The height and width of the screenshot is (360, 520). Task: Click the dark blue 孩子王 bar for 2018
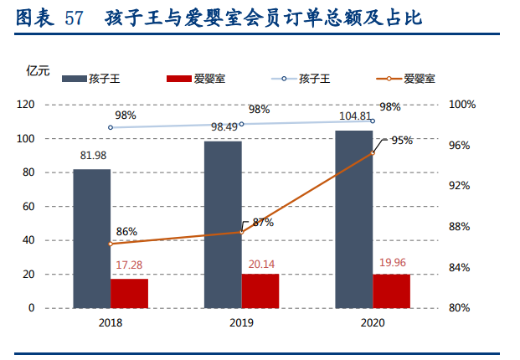tap(91, 239)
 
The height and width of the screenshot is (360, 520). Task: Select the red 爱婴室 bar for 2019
tap(260, 291)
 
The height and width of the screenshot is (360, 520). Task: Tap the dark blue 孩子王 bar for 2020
tap(354, 219)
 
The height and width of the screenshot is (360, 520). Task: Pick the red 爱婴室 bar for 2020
tap(392, 291)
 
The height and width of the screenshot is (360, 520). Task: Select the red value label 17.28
tap(128, 265)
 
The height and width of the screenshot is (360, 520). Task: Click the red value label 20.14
tap(260, 261)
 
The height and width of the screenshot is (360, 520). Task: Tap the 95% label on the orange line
tap(402, 141)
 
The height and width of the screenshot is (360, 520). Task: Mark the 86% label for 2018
tap(127, 232)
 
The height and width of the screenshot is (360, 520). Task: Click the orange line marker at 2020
tap(373, 153)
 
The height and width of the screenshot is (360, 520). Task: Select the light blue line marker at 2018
tap(111, 127)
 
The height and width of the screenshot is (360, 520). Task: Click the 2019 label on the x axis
tap(241, 322)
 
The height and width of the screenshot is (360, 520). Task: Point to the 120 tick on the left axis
tap(49, 105)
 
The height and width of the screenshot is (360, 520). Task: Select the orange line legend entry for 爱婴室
tap(389, 80)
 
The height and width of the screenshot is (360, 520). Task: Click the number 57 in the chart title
tap(74, 17)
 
